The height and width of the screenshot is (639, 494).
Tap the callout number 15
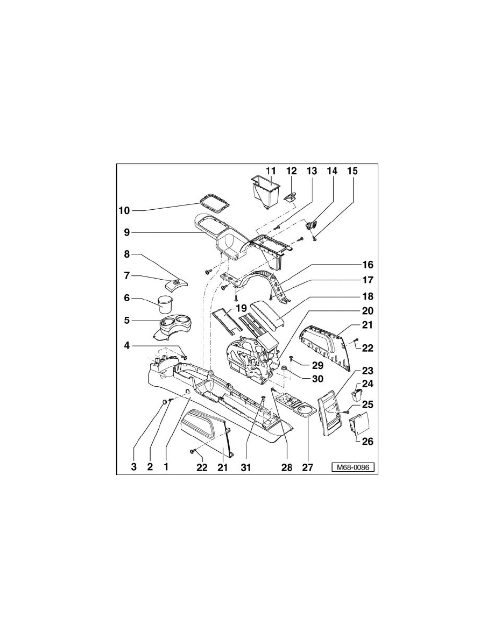click(x=352, y=171)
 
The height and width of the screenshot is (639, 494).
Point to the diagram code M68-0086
click(x=352, y=467)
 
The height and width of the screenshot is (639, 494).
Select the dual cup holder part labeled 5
click(x=175, y=326)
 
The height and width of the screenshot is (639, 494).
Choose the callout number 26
click(x=368, y=442)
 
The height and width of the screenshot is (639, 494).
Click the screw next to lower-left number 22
click(x=193, y=451)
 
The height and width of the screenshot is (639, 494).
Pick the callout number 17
click(x=367, y=280)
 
